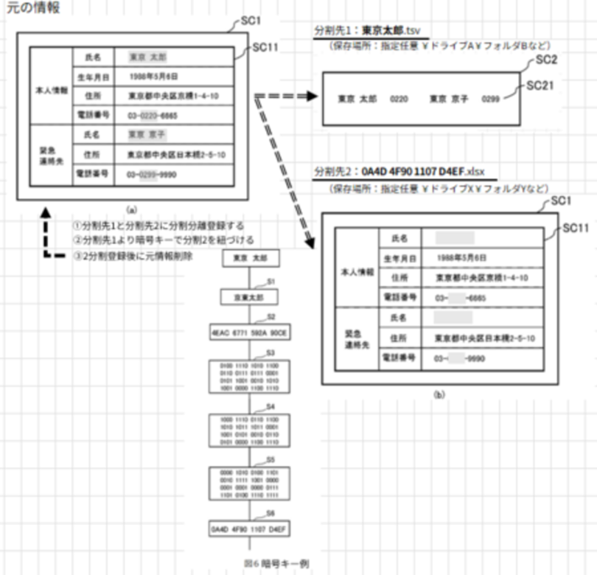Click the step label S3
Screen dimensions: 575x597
[270, 352]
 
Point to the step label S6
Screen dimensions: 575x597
[270, 512]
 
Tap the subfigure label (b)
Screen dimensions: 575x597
[439, 395]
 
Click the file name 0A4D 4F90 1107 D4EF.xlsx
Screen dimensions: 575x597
[427, 170]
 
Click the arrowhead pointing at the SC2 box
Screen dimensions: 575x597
[313, 97]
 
